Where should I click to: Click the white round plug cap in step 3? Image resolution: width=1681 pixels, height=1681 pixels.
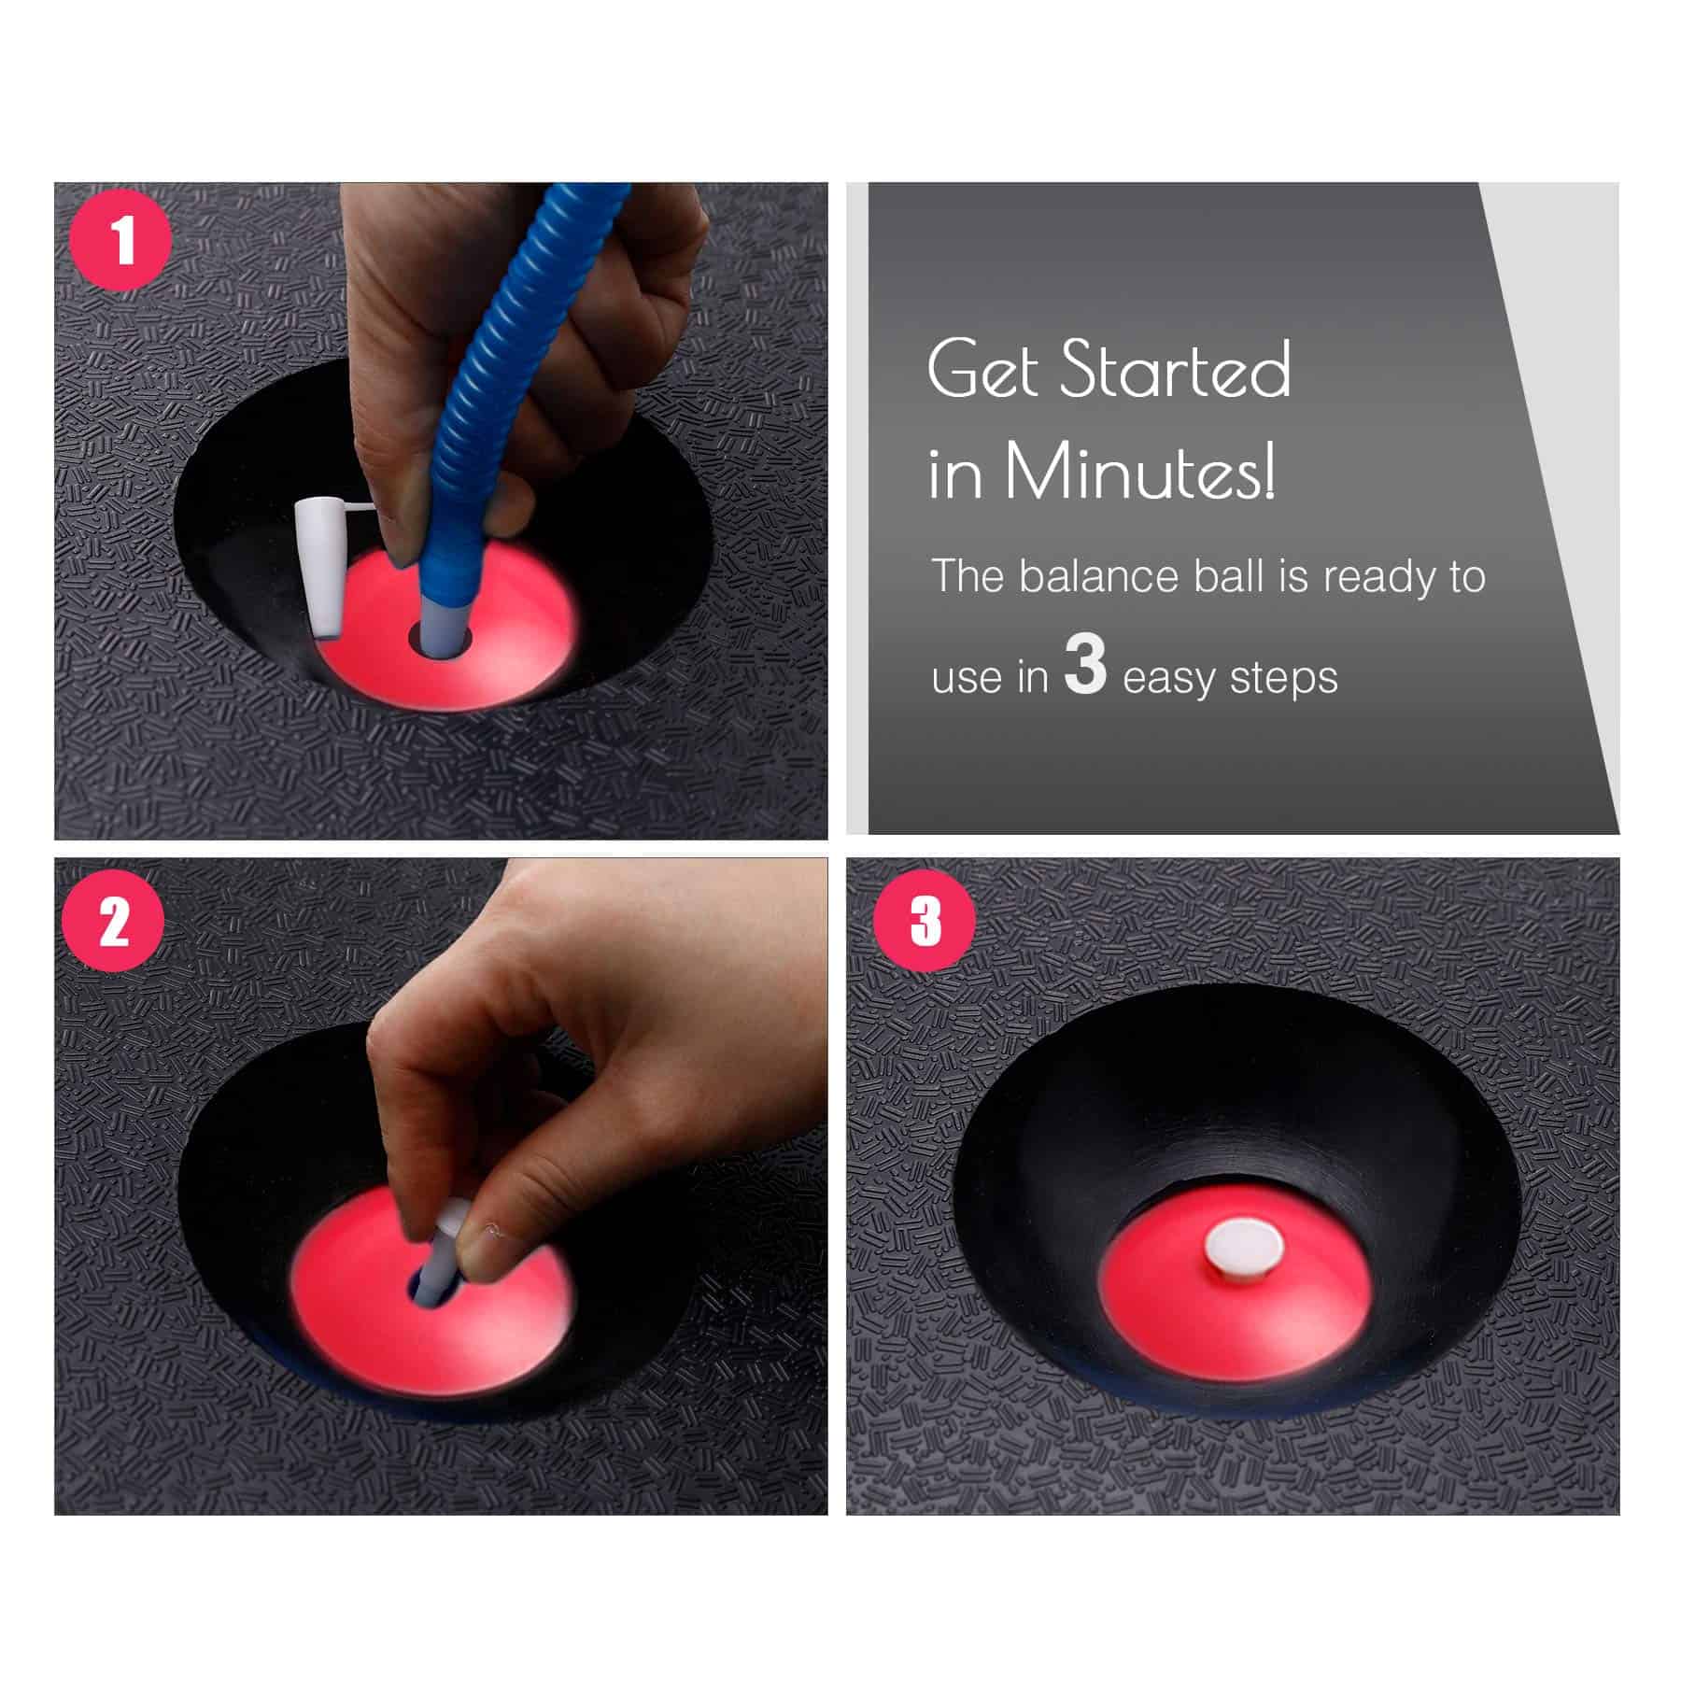pyautogui.click(x=1243, y=1248)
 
